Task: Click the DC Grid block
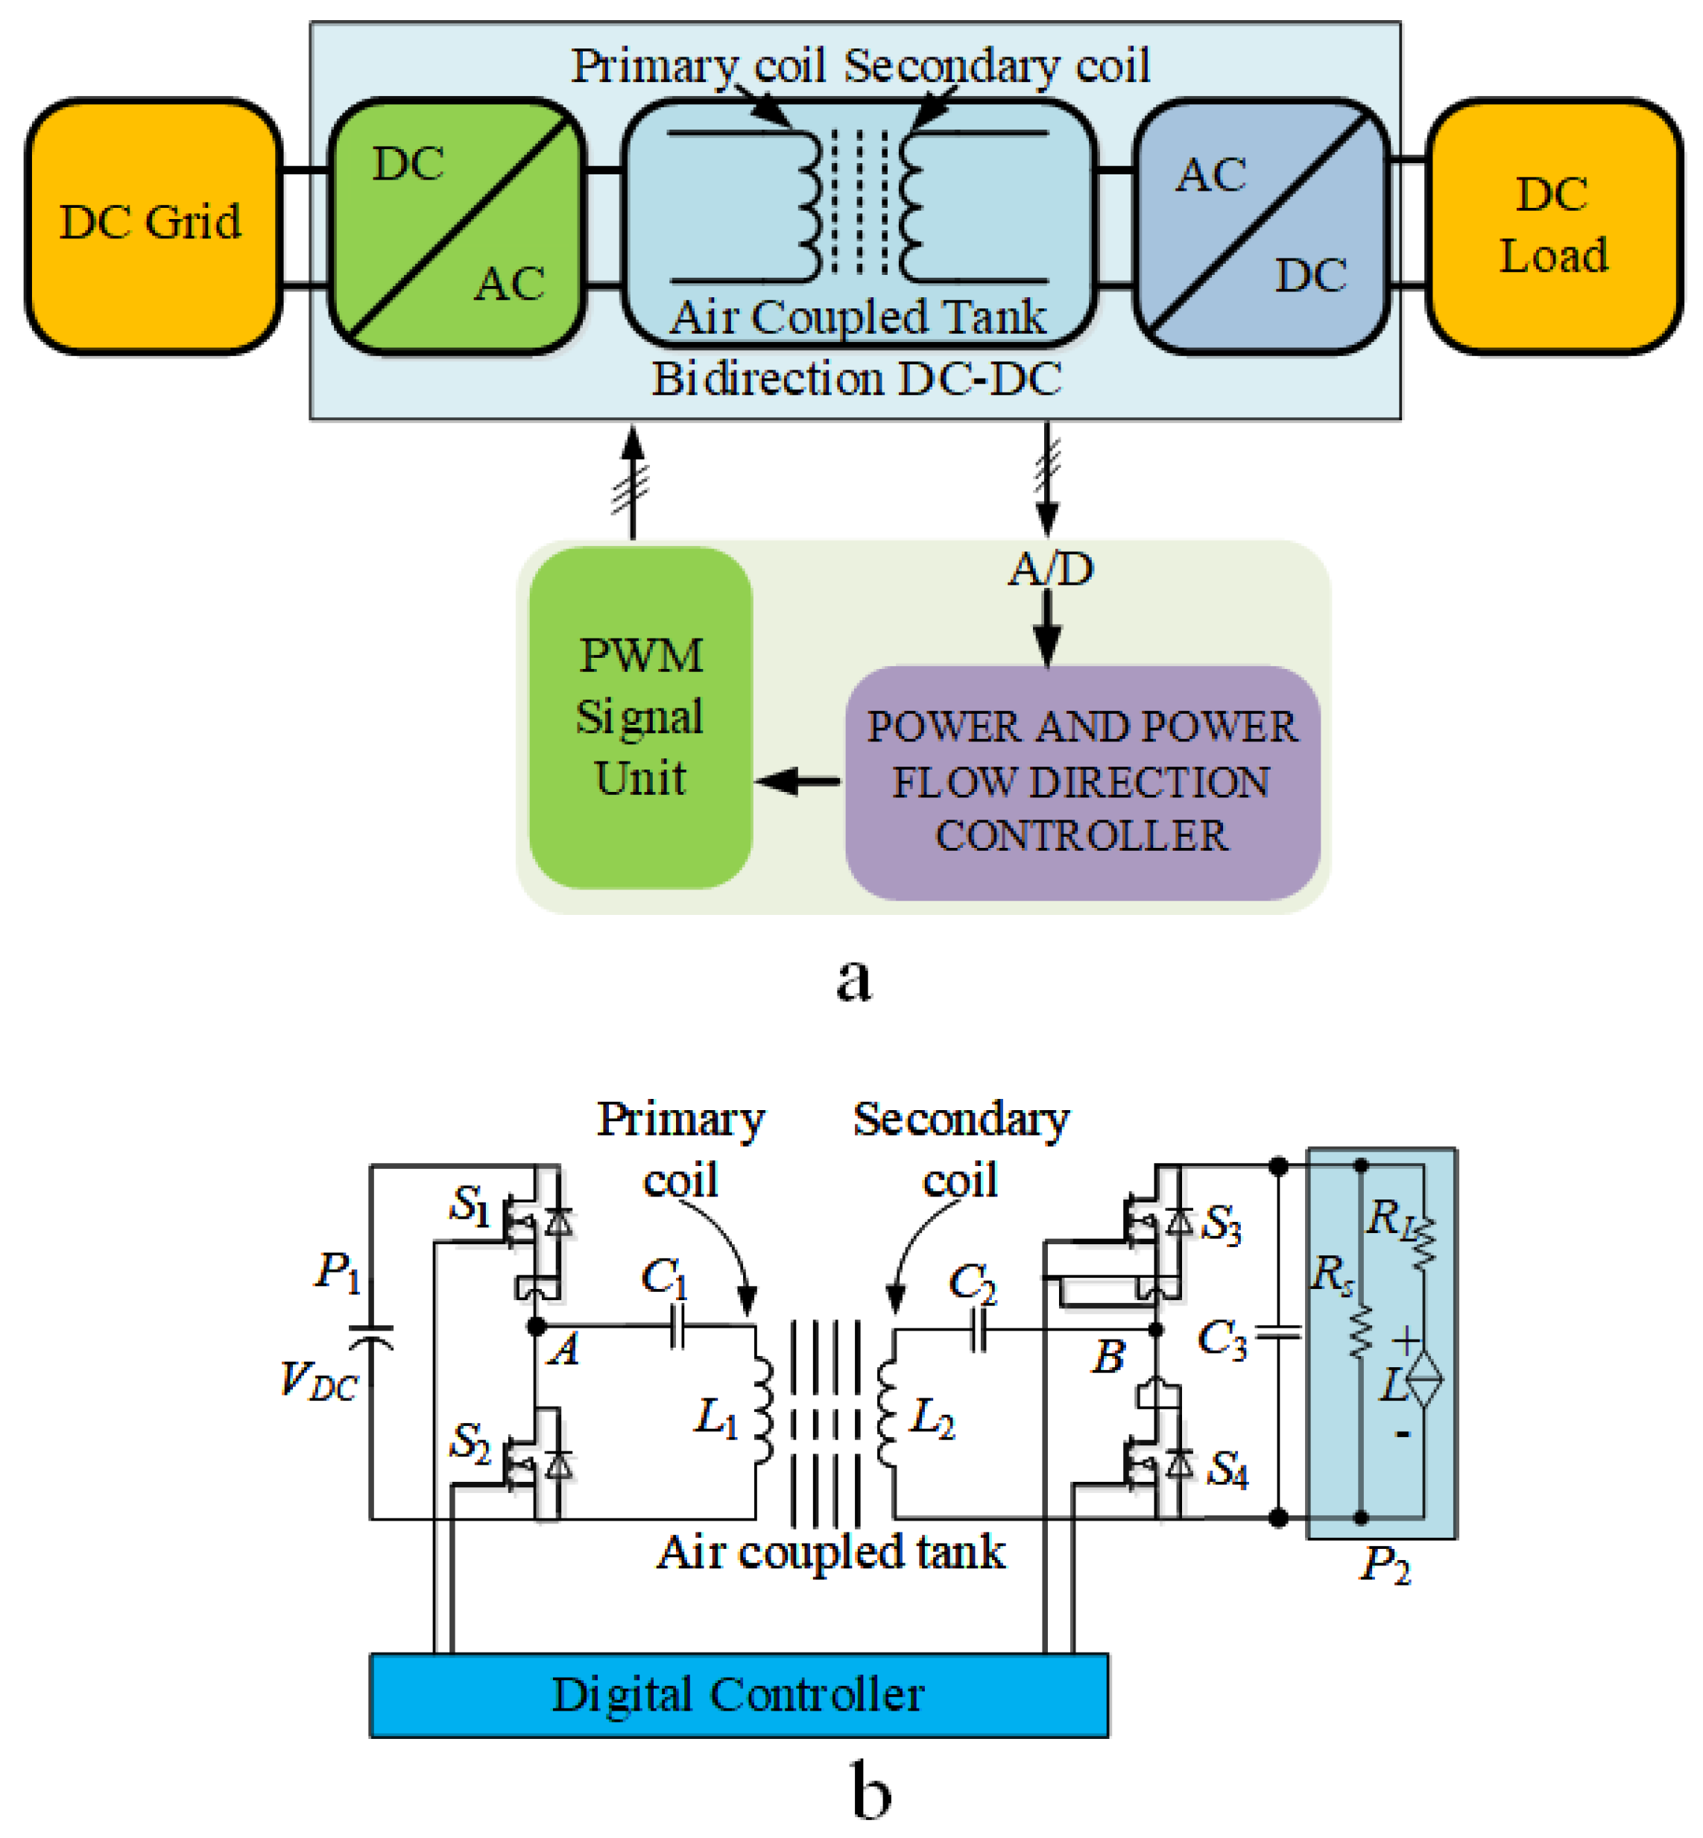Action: [153, 226]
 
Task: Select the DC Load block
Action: [1554, 226]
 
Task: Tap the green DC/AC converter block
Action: [457, 226]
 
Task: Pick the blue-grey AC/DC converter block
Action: [1260, 226]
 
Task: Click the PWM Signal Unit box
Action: [640, 717]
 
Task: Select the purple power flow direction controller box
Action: [1082, 782]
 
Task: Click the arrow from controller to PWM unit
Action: [798, 782]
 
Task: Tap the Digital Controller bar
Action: [738, 1695]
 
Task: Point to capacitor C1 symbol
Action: [678, 1328]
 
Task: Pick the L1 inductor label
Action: [716, 1418]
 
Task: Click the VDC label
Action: [319, 1381]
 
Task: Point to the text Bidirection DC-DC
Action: [856, 379]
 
